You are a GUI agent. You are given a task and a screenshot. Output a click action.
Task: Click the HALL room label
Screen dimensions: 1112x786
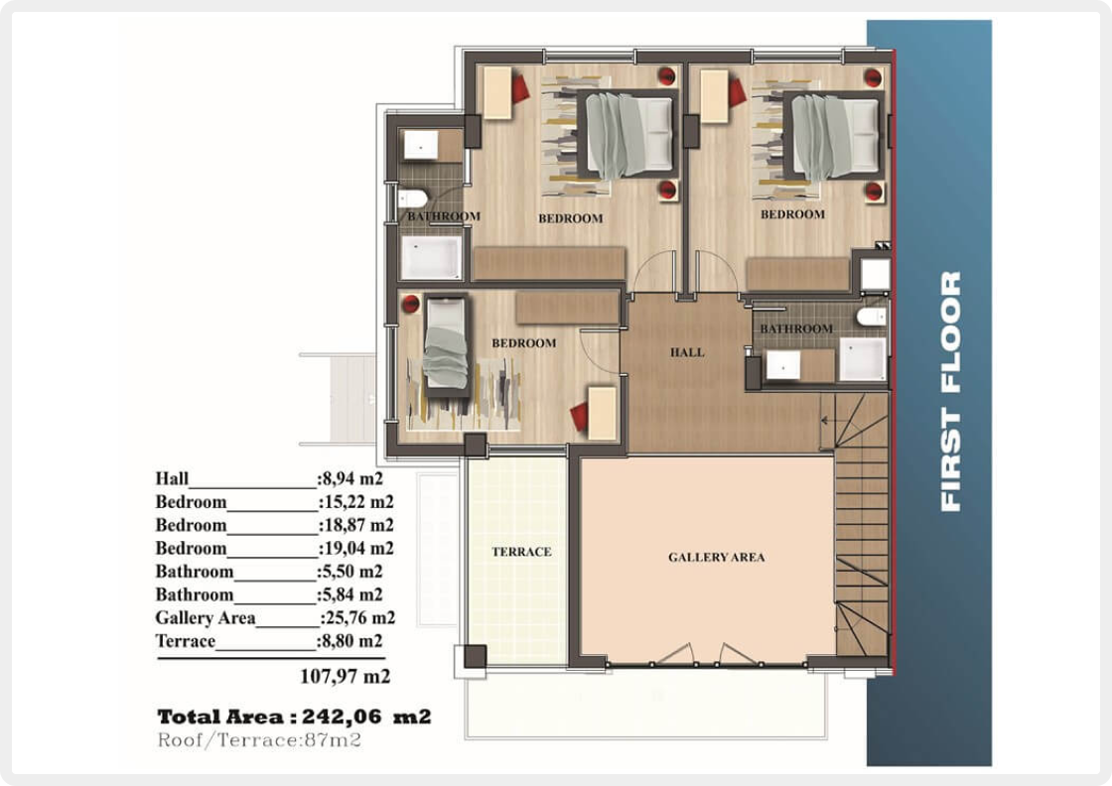coord(687,352)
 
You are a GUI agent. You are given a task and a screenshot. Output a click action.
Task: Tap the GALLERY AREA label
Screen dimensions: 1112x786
coord(716,557)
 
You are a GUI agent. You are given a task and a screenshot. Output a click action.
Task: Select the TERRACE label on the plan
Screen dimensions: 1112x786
coord(521,552)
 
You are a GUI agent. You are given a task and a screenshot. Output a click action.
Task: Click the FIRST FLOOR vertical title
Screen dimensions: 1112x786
coord(950,391)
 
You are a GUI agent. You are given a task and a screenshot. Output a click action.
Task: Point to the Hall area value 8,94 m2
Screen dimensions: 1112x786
coord(351,478)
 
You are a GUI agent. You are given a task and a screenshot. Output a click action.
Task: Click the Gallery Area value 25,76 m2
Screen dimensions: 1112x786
coord(358,618)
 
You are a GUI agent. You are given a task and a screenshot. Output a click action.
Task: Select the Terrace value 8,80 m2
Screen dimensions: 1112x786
coord(351,641)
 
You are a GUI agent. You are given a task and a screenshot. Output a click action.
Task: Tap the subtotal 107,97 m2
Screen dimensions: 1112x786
coord(346,676)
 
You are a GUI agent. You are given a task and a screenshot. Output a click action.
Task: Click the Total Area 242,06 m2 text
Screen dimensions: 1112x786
coord(294,717)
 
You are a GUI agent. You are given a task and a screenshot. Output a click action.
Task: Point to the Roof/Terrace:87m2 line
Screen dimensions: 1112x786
coord(259,740)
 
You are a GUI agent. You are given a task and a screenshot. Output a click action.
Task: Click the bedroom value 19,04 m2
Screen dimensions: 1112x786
coord(356,549)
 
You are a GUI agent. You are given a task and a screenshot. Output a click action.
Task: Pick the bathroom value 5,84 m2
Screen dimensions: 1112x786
coord(351,594)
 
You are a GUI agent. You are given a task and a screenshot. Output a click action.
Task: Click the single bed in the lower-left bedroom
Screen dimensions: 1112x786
coord(446,346)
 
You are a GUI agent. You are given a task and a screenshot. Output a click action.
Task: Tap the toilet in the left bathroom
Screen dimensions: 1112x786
coord(412,197)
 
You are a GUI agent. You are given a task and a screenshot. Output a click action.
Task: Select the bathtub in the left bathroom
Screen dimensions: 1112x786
coord(431,257)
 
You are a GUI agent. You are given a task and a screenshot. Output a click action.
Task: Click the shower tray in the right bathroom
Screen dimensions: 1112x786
coord(863,358)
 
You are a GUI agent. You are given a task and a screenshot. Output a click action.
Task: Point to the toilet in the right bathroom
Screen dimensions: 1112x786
coord(871,317)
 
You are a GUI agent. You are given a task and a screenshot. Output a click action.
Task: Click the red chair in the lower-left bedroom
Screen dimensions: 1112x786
coord(580,417)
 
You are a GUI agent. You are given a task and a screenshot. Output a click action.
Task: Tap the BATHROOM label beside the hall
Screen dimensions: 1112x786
coord(796,328)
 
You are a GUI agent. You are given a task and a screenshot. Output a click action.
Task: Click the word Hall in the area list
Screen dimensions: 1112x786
coord(173,478)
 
